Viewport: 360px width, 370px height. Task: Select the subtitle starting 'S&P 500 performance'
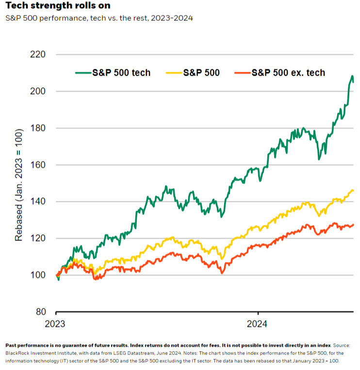click(x=99, y=18)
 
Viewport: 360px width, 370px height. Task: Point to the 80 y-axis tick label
click(x=39, y=312)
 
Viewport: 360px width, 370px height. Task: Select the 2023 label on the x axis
click(x=56, y=323)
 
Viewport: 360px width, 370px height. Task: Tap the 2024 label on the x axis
click(x=258, y=323)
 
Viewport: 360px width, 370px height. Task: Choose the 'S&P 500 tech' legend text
click(x=121, y=73)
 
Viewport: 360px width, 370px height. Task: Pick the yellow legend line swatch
click(x=174, y=73)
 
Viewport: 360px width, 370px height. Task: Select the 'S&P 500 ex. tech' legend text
click(x=288, y=73)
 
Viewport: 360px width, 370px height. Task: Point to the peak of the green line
click(x=352, y=76)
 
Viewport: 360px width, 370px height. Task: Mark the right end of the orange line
click(x=353, y=225)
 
